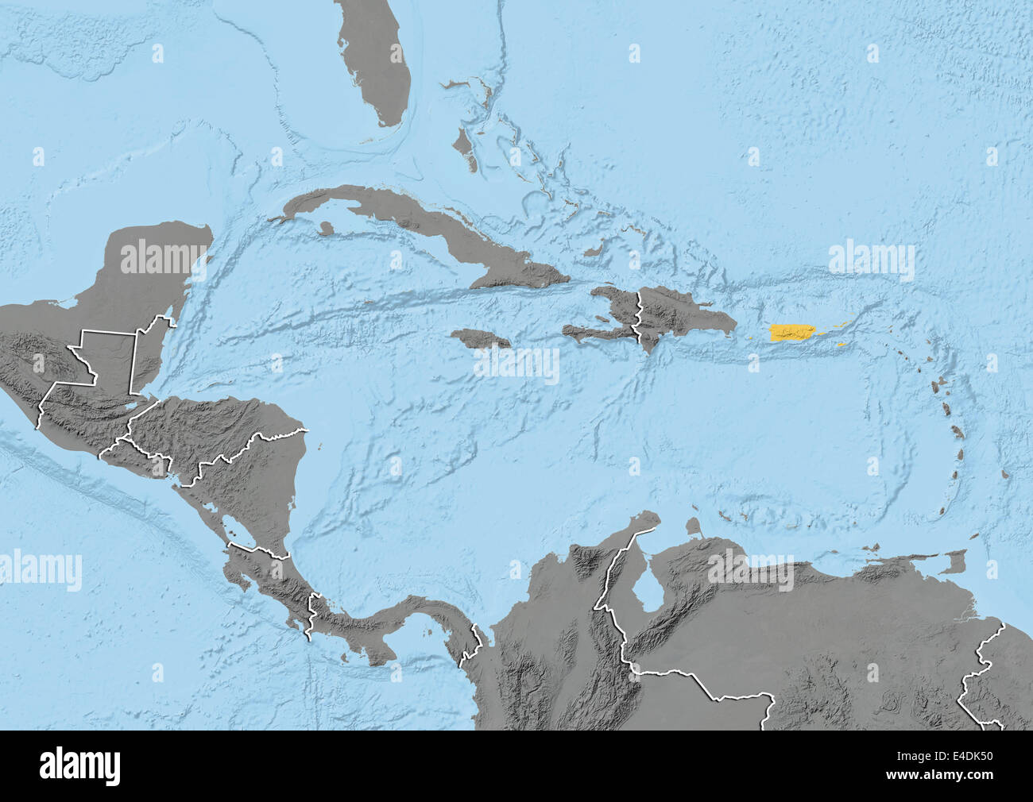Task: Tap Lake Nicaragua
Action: [234, 530]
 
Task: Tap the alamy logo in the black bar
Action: [80, 766]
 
